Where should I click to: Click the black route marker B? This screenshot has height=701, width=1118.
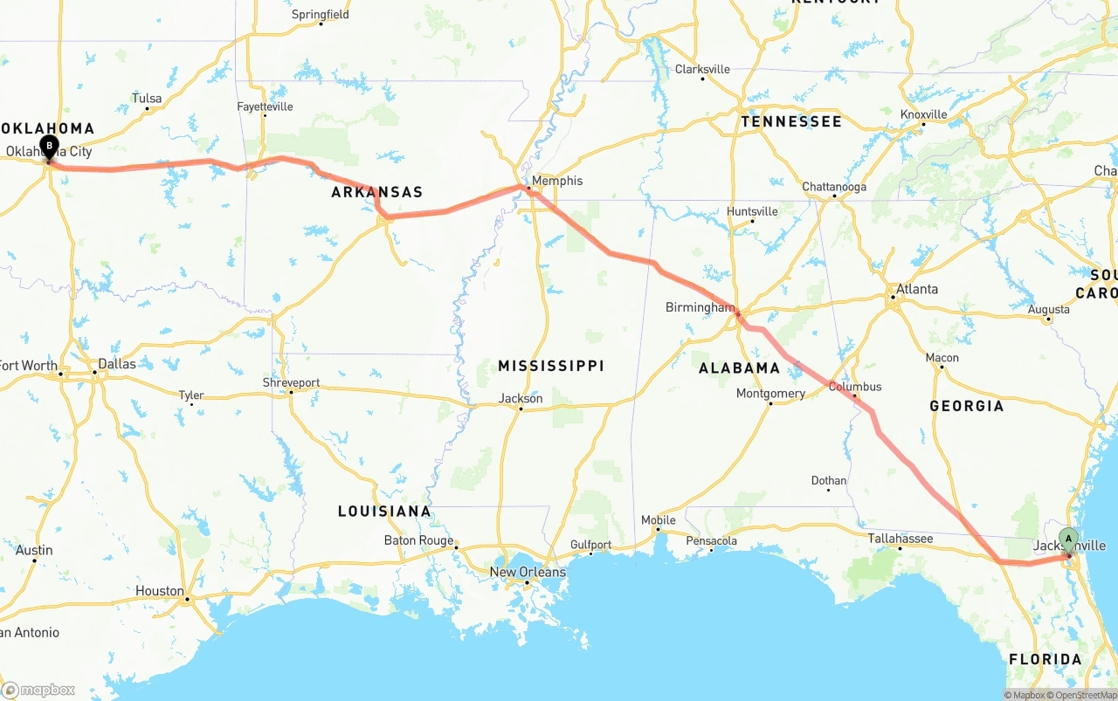49,146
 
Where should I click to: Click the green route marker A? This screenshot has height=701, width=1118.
1068,539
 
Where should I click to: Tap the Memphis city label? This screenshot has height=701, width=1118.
557,181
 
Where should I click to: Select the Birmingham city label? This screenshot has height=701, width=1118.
700,307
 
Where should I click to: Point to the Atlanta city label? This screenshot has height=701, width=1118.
917,289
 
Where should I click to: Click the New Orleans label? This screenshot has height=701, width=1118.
527,572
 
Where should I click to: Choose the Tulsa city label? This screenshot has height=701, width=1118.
147,99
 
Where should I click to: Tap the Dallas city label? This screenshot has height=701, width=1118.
117,363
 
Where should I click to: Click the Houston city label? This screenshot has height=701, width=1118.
160,591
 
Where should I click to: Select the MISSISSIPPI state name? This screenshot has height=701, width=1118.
551,366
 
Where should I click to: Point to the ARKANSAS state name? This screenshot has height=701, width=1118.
376,192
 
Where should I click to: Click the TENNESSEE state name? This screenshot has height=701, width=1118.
791,121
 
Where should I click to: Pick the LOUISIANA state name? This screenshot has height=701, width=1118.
384,511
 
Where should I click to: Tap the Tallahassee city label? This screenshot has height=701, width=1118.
901,539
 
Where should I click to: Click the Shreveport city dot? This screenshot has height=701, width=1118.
292,391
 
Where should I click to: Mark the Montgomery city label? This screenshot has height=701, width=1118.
770,394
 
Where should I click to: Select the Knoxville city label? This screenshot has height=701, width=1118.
924,114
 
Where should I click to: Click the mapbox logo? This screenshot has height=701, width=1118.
38,690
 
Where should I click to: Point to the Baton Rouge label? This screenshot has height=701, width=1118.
418,540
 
